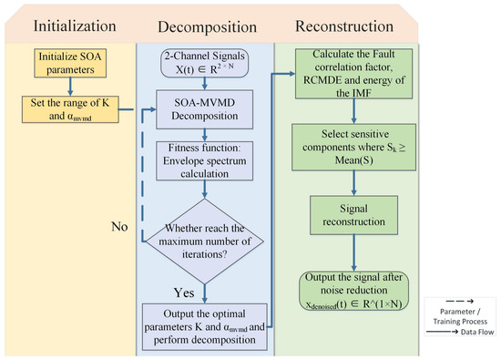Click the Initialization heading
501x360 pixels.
75,26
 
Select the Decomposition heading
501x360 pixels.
208,26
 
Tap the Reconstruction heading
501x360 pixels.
344,26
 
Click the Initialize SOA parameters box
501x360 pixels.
70,63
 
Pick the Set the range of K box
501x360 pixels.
70,109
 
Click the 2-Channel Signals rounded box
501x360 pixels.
204,63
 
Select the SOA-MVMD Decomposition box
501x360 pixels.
204,109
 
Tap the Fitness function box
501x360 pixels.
204,160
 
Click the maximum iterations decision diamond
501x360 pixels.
205,242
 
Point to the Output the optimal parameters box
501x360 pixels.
204,327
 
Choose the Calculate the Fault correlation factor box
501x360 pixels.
353,74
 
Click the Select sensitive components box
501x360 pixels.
353,147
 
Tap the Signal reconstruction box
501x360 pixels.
353,215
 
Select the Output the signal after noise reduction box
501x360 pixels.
353,291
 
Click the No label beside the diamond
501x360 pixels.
119,227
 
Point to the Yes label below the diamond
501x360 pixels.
184,293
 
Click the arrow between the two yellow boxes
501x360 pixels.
70,87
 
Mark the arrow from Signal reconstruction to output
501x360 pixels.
353,252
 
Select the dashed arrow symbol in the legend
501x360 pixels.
460,301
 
